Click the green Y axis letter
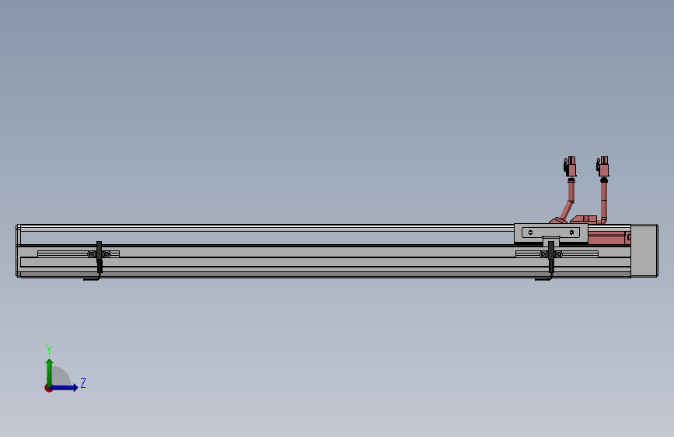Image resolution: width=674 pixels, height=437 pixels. click(x=49, y=349)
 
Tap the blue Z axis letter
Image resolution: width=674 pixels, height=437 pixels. click(x=83, y=383)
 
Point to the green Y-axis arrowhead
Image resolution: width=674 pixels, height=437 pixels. click(x=50, y=362)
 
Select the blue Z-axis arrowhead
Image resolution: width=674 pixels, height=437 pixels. click(x=75, y=387)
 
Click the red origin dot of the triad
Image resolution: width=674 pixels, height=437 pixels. click(x=48, y=388)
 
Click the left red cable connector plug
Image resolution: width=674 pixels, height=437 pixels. click(x=570, y=166)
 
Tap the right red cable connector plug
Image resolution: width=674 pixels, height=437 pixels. click(x=602, y=166)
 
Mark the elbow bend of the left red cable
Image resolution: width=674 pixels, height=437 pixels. click(x=571, y=203)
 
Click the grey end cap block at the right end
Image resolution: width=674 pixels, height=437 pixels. click(x=644, y=250)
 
